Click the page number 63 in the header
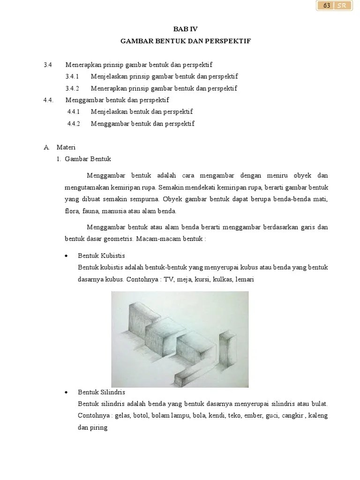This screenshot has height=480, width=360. (327, 6)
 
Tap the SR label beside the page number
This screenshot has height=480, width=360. (341, 6)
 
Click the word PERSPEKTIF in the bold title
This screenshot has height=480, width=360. (229, 41)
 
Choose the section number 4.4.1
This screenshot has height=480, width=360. (74, 112)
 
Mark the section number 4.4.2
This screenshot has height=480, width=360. (74, 124)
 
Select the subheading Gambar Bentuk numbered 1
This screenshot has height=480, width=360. (88, 159)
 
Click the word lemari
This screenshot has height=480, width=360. (245, 279)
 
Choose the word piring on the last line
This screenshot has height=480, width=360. (99, 427)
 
